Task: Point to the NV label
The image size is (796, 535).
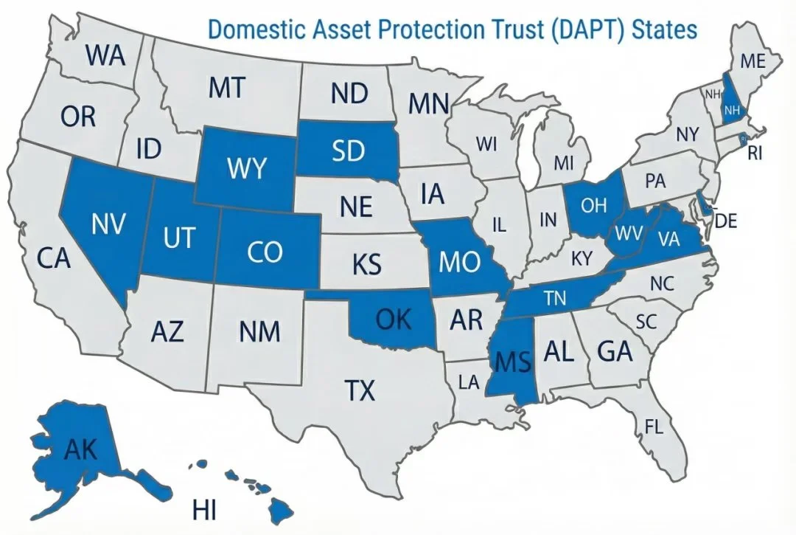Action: click(108, 224)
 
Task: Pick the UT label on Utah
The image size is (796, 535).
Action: click(179, 238)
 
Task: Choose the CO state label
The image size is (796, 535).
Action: click(265, 252)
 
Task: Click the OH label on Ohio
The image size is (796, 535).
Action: click(593, 206)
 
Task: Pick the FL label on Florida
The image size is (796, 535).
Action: click(654, 426)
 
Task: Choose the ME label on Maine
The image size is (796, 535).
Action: click(753, 62)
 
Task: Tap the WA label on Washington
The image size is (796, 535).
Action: click(105, 56)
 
